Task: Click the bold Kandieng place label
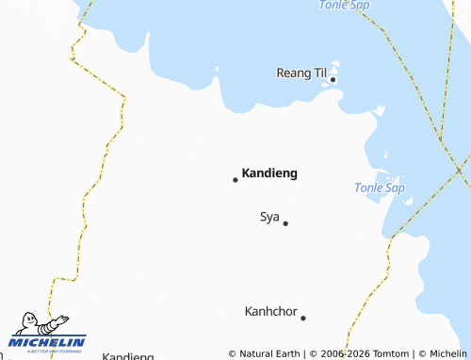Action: point(269,173)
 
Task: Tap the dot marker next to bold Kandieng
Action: point(235,179)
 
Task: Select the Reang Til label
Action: point(300,73)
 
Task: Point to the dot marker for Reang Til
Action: point(333,80)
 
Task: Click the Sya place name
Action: point(269,217)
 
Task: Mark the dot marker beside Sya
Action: point(285,223)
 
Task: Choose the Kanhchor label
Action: point(270,310)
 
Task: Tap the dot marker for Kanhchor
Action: point(303,318)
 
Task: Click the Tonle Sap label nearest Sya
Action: point(380,188)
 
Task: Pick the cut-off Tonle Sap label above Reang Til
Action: point(344,5)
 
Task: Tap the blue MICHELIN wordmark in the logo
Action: point(48,341)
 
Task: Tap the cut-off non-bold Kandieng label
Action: point(127,356)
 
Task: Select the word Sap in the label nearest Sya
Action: point(394,188)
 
